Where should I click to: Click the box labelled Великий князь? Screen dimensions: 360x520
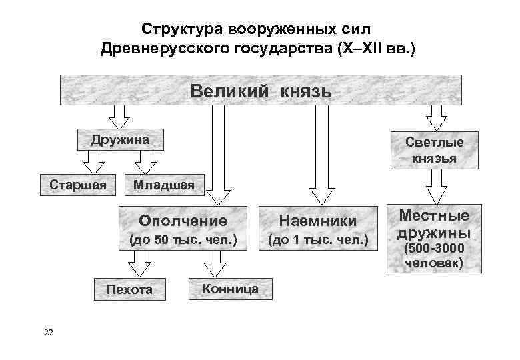(261, 90)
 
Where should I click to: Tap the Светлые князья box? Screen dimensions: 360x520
(434, 150)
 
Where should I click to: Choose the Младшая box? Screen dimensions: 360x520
(164, 185)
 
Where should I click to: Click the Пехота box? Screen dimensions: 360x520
(130, 289)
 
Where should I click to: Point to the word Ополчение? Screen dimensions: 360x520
(183, 220)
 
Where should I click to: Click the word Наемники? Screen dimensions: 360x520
(317, 221)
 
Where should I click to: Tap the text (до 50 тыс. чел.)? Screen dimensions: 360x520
(183, 239)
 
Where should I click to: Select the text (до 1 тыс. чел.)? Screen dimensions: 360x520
(317, 239)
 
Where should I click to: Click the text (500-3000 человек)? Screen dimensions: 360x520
(434, 257)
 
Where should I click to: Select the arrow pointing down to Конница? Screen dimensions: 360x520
(215, 266)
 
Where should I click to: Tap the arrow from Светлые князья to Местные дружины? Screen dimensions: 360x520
(436, 187)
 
